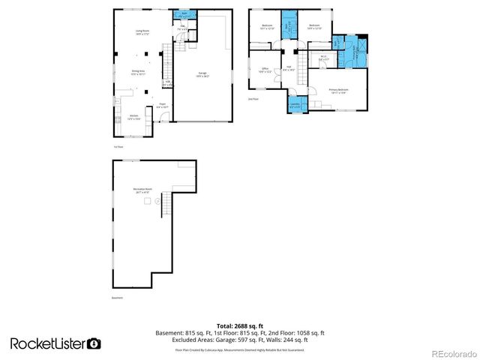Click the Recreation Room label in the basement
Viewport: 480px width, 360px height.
[143, 190]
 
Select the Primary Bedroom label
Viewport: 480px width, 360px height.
[339, 91]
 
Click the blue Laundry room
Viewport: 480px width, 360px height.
[295, 105]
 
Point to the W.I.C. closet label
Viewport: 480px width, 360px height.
[323, 57]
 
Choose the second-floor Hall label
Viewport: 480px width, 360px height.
[289, 69]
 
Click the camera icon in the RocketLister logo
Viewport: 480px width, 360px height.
[94, 343]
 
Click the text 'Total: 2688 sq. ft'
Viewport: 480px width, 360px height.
[239, 326]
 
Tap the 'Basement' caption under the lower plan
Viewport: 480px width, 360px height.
[118, 298]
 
